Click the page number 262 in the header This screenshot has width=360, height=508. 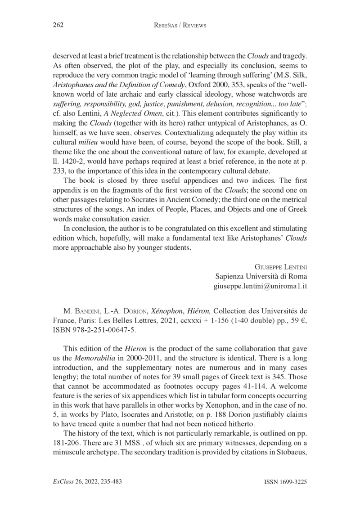(54, 26)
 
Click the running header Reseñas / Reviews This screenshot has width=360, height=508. (180, 26)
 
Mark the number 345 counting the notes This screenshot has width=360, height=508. (287, 380)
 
